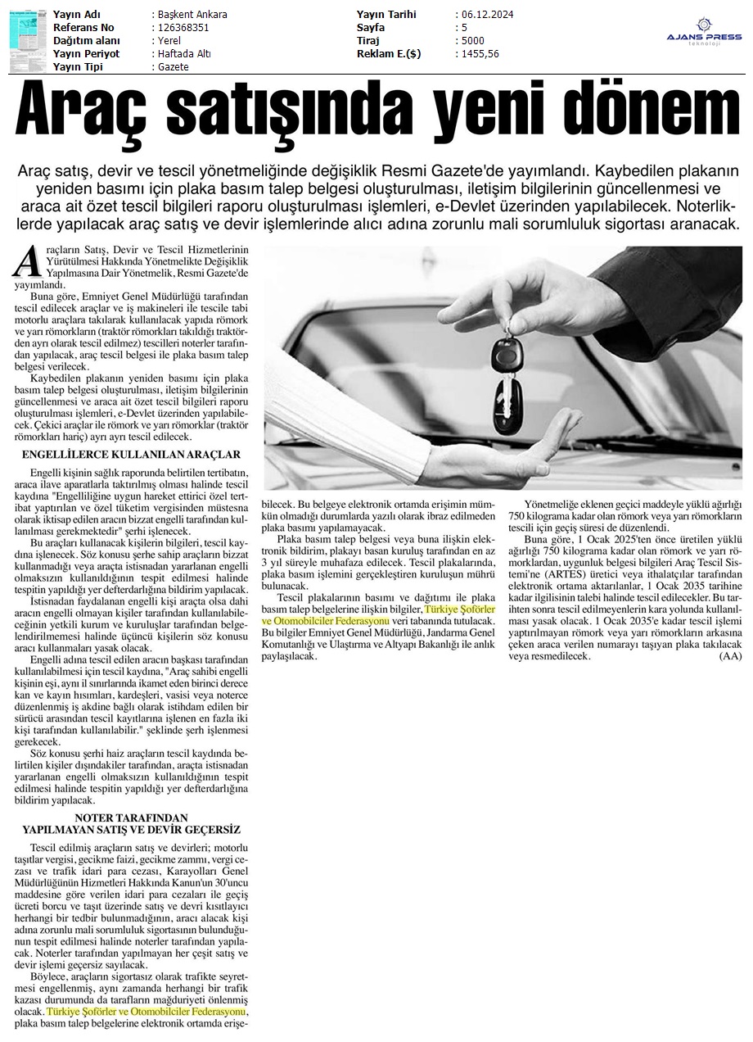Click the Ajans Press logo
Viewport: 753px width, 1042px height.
703,33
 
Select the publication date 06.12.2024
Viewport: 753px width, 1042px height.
490,15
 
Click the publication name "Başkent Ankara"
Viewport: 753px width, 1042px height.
193,15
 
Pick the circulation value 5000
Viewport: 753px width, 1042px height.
472,41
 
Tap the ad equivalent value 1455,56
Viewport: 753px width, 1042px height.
480,54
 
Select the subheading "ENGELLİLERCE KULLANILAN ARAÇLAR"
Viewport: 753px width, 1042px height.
131,454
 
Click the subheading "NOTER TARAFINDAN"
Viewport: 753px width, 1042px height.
131,818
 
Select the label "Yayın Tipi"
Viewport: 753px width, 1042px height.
83,67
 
